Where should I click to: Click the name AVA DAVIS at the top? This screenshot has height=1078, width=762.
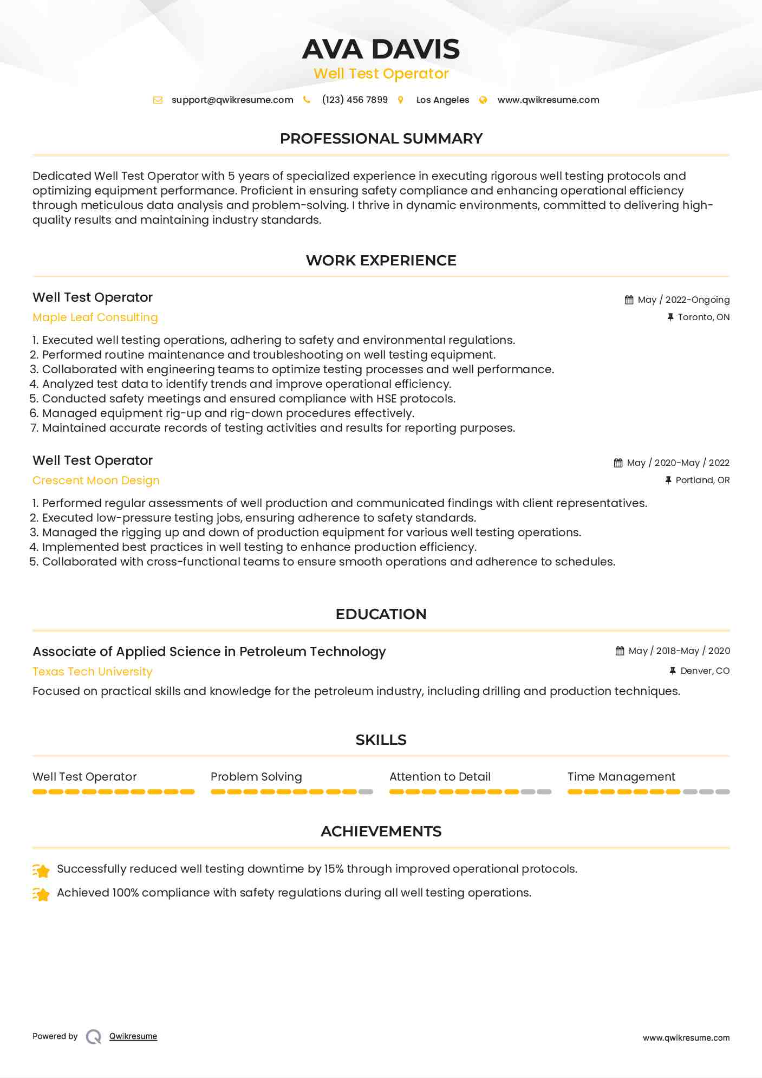(x=381, y=49)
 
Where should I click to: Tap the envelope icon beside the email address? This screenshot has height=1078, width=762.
(x=158, y=100)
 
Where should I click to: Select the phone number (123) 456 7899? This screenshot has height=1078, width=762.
(x=355, y=100)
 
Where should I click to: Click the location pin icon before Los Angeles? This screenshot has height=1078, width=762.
(x=401, y=100)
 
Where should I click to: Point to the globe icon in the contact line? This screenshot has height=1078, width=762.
(x=483, y=100)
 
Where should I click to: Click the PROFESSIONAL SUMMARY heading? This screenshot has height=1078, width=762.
(x=381, y=139)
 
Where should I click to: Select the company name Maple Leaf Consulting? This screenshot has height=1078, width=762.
(x=95, y=317)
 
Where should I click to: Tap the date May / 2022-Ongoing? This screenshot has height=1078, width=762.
(x=683, y=300)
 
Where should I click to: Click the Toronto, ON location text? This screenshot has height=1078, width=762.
(x=704, y=317)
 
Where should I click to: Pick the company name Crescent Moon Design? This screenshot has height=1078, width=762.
(x=96, y=480)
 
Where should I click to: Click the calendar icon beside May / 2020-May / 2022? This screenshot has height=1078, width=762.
(x=618, y=463)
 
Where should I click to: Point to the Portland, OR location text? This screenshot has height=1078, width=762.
(x=702, y=480)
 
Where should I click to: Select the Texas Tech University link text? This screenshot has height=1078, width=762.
(x=93, y=672)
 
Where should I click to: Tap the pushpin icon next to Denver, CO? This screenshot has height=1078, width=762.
(x=672, y=671)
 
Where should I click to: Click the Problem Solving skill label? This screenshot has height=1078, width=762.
(x=256, y=777)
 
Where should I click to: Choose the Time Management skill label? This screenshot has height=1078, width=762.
(x=621, y=777)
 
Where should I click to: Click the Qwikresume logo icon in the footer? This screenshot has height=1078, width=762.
(x=94, y=1037)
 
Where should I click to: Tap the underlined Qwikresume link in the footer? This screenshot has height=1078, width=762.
(x=133, y=1036)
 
